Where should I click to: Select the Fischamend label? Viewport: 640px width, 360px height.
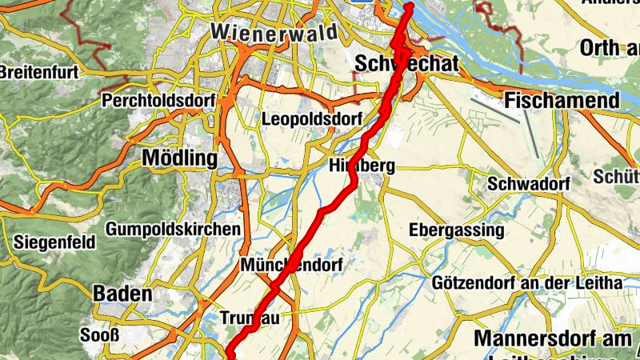tap(562, 101)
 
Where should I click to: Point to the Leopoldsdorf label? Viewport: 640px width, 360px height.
tap(307, 119)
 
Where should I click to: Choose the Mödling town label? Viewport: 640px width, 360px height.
tap(179, 158)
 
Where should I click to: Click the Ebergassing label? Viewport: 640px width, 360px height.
tap(457, 230)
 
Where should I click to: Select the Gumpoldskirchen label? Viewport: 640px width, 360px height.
tap(173, 229)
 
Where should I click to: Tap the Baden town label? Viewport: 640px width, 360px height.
tap(122, 294)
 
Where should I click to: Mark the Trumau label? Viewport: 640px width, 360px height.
tap(249, 318)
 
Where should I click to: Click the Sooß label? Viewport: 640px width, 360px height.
tap(99, 334)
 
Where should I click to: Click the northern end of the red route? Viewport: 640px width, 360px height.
tap(409, 6)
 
